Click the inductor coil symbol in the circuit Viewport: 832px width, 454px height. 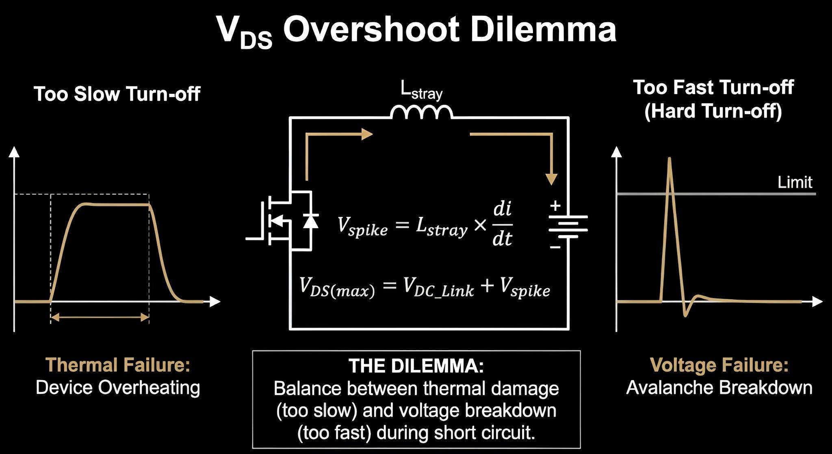[421, 112]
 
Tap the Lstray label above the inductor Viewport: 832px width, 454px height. [421, 91]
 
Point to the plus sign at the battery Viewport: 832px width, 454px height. [555, 206]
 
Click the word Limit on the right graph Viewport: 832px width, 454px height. [795, 182]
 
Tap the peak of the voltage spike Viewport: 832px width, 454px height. [669, 159]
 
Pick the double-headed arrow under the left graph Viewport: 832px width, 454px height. [100, 317]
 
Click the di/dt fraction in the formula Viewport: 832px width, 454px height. [502, 224]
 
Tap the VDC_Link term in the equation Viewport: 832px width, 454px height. [438, 287]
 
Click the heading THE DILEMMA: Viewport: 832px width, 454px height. [416, 366]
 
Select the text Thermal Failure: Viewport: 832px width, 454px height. [118, 365]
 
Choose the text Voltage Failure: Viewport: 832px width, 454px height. [719, 365]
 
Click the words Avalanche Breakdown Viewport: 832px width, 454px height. [719, 387]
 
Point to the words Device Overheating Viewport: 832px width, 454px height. [118, 387]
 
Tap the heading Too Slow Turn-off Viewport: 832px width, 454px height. [117, 94]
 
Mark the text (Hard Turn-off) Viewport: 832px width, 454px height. [713, 111]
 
